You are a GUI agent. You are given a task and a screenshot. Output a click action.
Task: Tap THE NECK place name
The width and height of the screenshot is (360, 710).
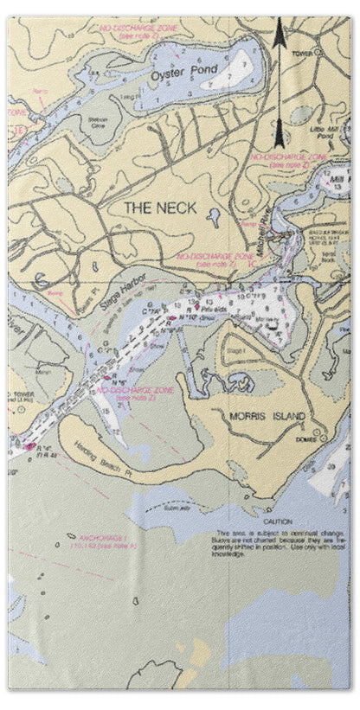point(159,208)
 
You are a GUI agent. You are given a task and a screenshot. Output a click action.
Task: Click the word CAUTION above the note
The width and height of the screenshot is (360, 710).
point(279,521)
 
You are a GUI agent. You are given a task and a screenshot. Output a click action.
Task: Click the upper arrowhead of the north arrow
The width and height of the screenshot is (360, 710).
point(280,35)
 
